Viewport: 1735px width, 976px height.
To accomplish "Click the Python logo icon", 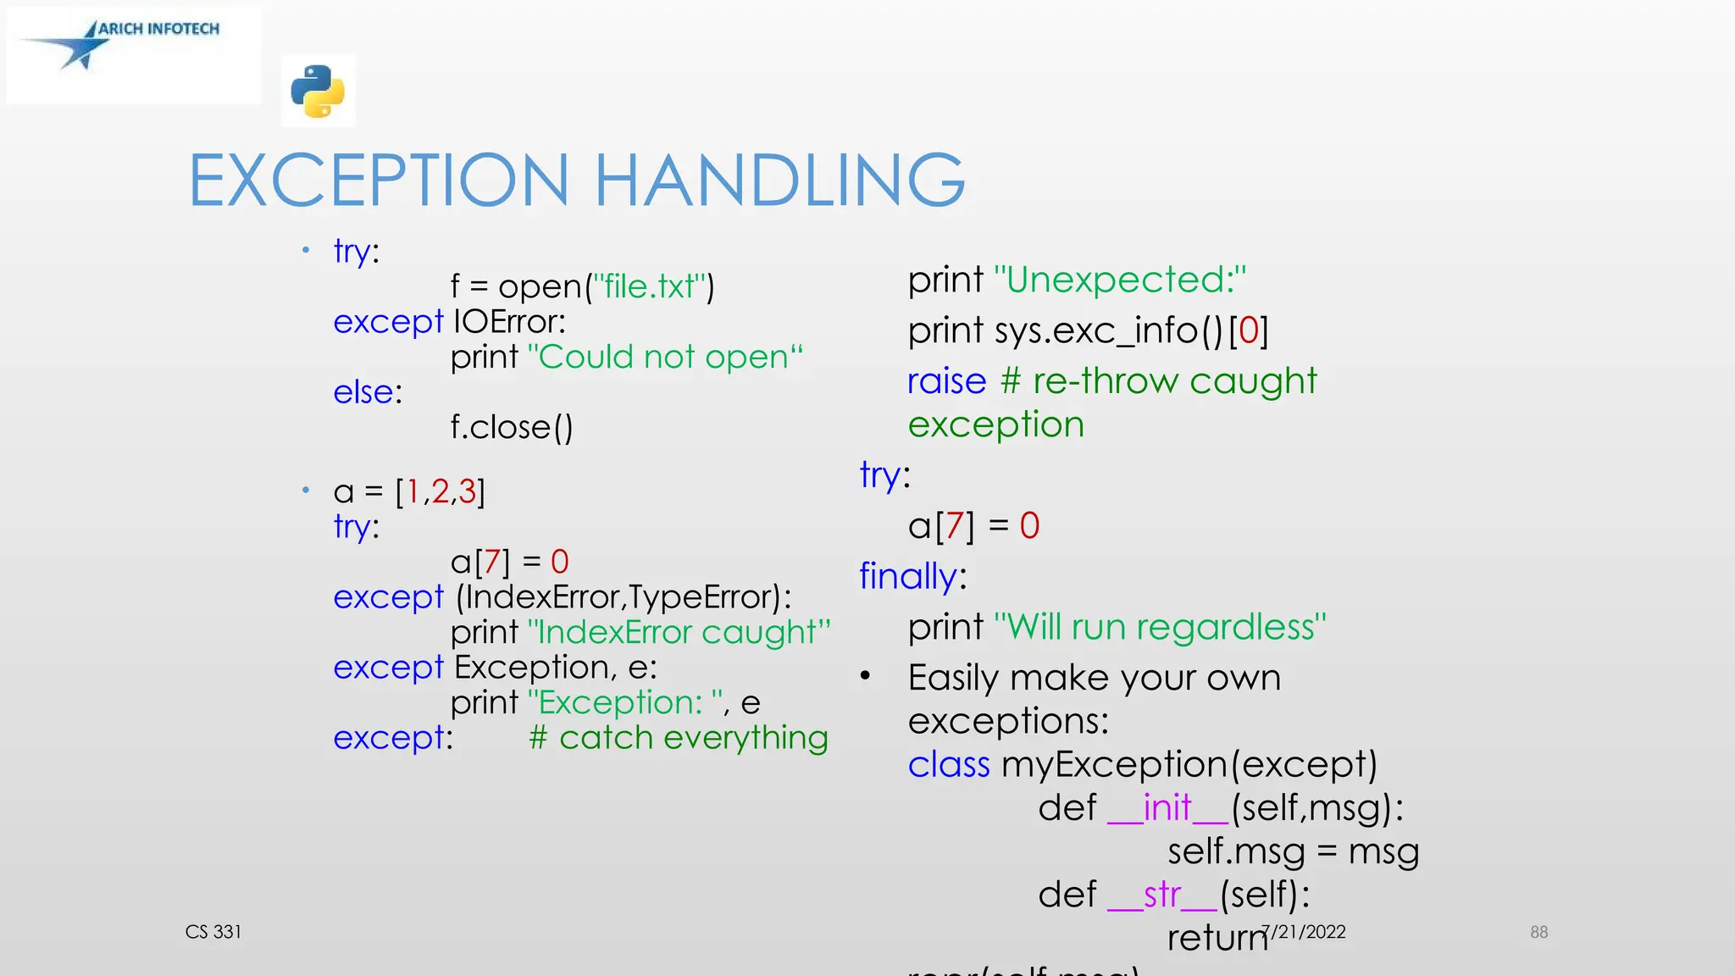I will coord(318,91).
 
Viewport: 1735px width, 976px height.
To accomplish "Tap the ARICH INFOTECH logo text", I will coord(158,29).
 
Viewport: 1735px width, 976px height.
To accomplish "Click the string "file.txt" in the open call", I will coord(650,287).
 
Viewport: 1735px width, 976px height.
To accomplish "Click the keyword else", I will coord(363,392).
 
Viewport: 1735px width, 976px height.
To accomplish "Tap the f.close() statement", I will coord(512,427).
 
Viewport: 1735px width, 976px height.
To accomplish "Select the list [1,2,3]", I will coord(441,491).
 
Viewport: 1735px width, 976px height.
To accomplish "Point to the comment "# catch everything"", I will coord(678,738).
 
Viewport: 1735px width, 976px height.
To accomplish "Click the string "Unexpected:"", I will coord(1120,280).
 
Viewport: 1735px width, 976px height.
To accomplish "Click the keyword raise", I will coord(946,381).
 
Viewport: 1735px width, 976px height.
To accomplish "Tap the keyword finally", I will coord(907,576).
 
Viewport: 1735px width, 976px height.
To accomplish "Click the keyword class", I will coord(949,764).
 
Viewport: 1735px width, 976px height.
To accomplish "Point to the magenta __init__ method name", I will coord(1167,807).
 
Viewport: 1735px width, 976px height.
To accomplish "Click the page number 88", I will coord(1538,932).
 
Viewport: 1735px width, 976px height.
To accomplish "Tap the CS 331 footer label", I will coord(213,932).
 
